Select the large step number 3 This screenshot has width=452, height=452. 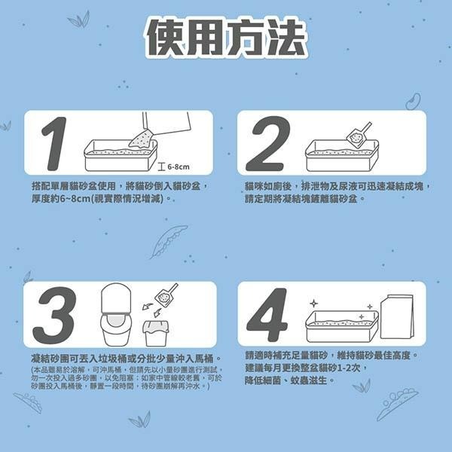[x=54, y=314]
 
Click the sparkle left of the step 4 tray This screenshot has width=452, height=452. [x=313, y=304]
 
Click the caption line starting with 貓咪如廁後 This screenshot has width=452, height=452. [x=337, y=185]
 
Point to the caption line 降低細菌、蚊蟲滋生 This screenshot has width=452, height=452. [x=290, y=380]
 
